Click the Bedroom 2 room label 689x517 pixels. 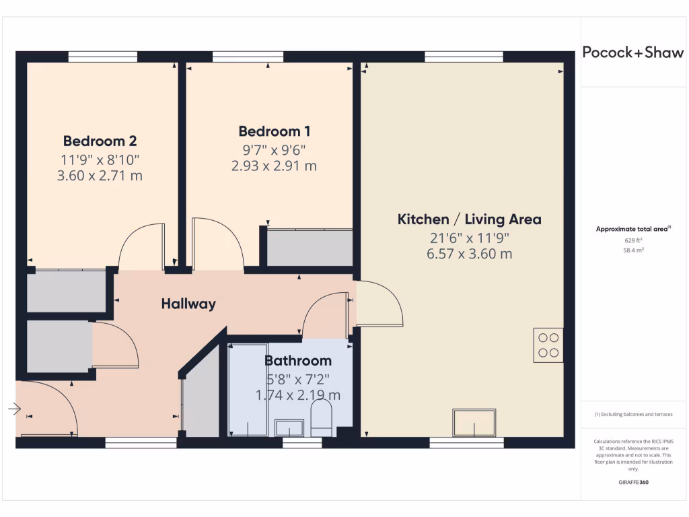click(x=100, y=141)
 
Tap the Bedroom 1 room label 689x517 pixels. click(x=275, y=131)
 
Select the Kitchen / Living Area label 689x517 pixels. click(x=469, y=219)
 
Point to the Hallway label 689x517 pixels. click(x=188, y=304)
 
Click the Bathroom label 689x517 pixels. click(x=297, y=361)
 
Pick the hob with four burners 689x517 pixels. click(x=548, y=345)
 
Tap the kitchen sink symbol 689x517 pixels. click(x=474, y=422)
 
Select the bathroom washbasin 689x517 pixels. click(x=290, y=427)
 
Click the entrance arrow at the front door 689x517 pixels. click(x=15, y=408)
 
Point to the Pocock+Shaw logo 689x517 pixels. click(x=632, y=53)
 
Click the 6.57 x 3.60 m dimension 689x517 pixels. click(x=469, y=254)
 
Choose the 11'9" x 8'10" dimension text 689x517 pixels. click(x=100, y=160)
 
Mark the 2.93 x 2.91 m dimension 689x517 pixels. click(x=275, y=166)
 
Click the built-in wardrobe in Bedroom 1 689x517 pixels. click(x=310, y=248)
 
